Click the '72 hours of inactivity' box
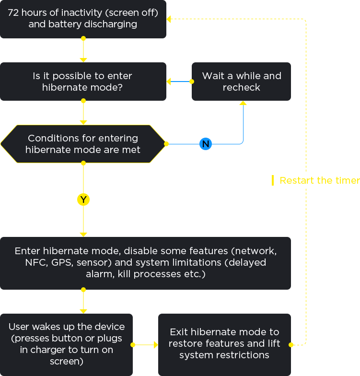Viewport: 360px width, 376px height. point(83,19)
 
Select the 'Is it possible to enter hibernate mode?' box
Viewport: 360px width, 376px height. point(83,82)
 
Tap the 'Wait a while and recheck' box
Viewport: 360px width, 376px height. point(241,82)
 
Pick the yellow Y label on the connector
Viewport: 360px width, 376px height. point(83,200)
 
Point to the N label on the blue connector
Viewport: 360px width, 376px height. point(206,144)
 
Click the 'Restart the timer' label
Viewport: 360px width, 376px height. point(320,180)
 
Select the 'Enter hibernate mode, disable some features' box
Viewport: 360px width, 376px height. point(145,263)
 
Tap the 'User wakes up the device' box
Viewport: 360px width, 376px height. point(67,344)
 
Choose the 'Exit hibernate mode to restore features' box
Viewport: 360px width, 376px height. point(224,344)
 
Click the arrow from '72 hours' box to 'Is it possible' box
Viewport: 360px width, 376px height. point(83,50)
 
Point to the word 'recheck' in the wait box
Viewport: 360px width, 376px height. point(242,87)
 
